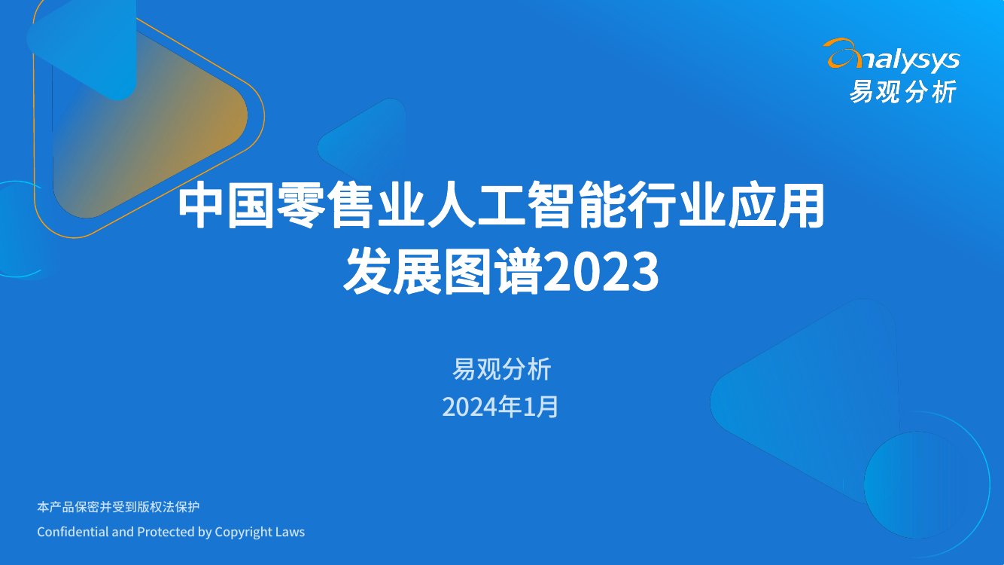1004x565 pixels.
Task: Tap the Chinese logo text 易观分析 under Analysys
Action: (x=902, y=91)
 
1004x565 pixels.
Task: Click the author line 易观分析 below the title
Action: (x=501, y=370)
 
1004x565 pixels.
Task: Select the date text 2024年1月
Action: (x=501, y=408)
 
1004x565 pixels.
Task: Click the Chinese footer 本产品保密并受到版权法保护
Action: (x=118, y=507)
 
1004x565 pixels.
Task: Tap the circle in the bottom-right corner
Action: (x=926, y=475)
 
